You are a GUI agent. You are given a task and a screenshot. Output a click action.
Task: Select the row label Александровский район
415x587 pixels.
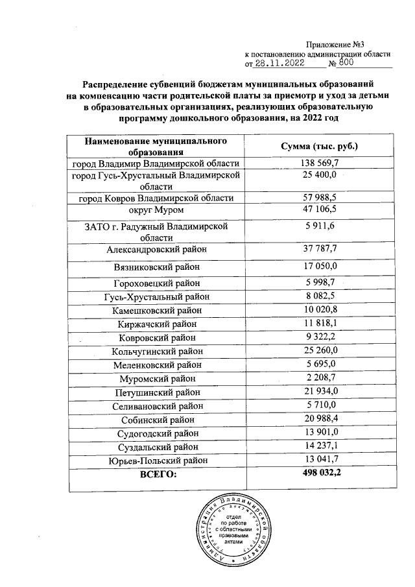(x=156, y=248)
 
